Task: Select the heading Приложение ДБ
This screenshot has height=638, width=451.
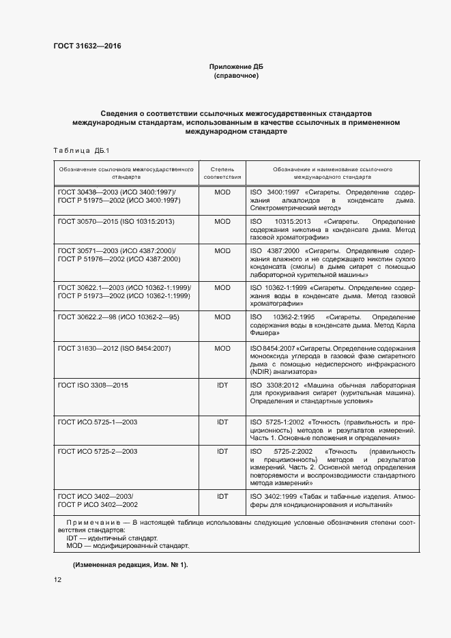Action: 235,67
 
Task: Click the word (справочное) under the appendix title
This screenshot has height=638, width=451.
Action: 235,75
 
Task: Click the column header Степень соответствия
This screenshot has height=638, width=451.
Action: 222,171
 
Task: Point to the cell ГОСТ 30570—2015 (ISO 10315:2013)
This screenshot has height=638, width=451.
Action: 116,222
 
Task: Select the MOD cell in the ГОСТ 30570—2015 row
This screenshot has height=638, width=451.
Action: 222,222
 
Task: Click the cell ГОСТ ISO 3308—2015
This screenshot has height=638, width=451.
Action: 93,386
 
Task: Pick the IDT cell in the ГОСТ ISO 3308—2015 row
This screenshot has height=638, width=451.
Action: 222,386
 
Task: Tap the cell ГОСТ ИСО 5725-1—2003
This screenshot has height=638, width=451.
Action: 98,422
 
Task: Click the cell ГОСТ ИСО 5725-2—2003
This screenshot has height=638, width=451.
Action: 98,452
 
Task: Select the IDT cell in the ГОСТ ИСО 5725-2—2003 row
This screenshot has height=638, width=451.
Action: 222,452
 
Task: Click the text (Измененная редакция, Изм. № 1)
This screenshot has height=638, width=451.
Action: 130,565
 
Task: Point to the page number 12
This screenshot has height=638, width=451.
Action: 57,580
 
